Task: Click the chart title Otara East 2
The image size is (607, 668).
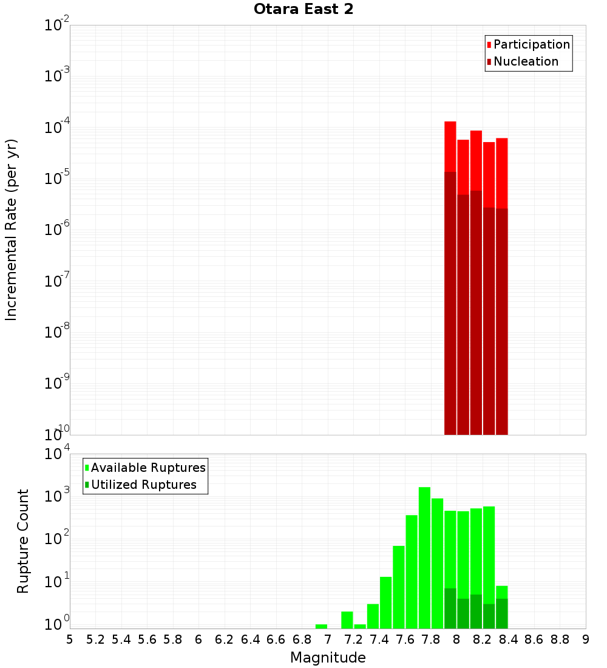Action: (303, 10)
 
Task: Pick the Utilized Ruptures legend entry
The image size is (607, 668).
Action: (143, 485)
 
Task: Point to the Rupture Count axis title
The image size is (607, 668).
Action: (23, 540)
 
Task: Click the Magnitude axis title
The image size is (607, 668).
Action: (328, 658)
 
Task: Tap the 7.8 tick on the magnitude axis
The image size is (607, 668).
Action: (431, 639)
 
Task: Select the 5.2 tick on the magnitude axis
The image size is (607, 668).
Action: (95, 639)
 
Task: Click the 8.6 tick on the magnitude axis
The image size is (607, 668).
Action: (534, 639)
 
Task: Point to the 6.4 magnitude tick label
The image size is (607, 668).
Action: (250, 639)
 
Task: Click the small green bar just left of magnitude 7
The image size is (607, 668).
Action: (321, 626)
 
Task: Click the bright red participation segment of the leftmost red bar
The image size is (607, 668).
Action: (450, 146)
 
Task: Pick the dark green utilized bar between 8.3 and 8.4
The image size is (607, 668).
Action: (501, 613)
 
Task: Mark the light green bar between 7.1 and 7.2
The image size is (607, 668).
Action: (347, 620)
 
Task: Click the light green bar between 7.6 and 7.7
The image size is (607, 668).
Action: (412, 571)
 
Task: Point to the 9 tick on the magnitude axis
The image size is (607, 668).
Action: (586, 639)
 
